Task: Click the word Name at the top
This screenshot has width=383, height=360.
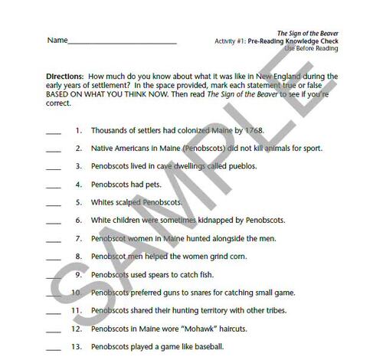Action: click(57, 40)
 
